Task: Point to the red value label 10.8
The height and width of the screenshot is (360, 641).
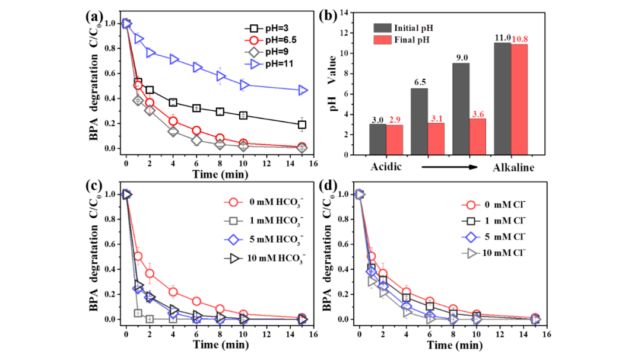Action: point(519,39)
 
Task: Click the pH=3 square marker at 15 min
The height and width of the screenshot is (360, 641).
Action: point(302,125)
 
